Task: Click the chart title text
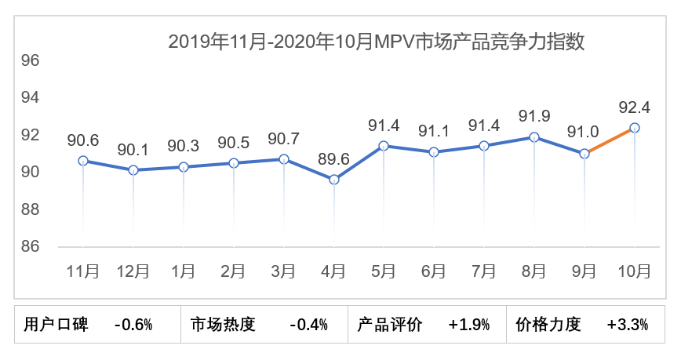377,42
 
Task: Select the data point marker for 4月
334,180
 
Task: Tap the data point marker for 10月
635,128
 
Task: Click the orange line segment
610,141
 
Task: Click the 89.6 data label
334,159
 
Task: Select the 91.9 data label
534,116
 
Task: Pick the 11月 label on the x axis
83,271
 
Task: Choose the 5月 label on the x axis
384,271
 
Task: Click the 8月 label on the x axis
534,271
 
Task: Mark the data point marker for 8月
534,137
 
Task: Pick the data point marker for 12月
133,170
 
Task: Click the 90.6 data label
83,140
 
